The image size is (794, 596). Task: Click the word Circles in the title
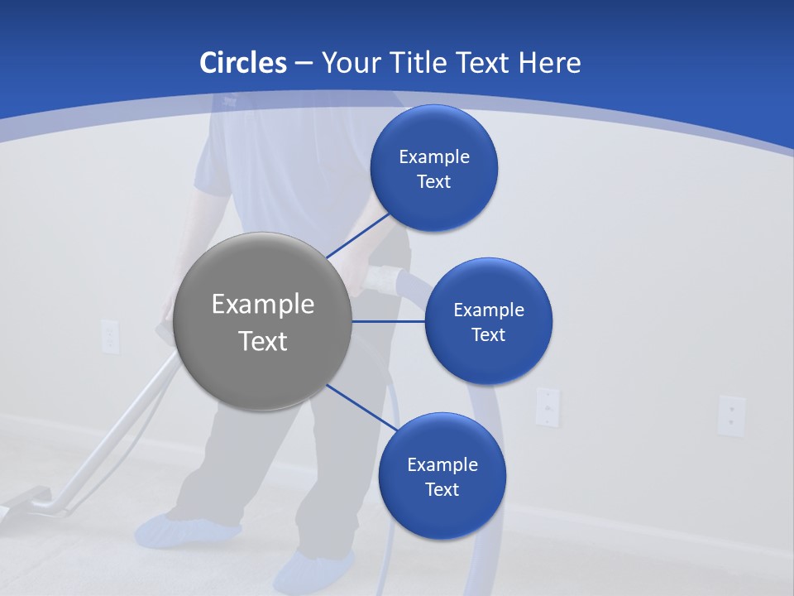click(242, 63)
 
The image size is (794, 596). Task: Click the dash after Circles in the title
click(304, 64)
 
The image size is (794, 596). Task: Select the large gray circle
click(263, 321)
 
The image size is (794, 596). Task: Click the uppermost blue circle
click(433, 168)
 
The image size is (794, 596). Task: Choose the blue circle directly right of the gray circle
click(488, 321)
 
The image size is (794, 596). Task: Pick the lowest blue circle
click(442, 476)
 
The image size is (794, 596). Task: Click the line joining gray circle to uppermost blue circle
click(357, 235)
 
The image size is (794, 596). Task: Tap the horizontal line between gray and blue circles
click(388, 321)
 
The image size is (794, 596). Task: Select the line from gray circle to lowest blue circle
click(362, 407)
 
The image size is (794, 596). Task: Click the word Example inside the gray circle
click(263, 304)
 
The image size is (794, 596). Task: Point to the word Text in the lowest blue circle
click(442, 489)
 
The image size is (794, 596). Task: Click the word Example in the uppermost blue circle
click(433, 156)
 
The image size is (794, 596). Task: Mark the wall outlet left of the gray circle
click(110, 336)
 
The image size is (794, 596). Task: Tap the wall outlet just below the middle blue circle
click(547, 406)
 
